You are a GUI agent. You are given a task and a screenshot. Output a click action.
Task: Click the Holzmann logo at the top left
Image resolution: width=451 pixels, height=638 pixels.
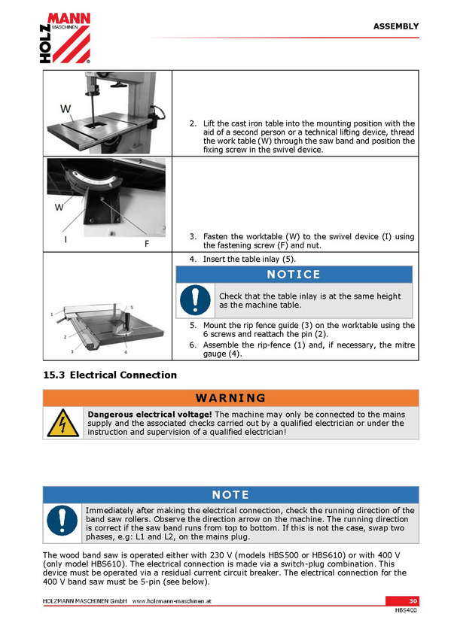click(x=65, y=38)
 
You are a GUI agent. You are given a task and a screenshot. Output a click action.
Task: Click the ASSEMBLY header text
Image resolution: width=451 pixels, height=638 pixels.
click(x=395, y=26)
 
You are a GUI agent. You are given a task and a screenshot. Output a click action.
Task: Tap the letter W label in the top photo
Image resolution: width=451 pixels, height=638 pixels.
click(x=66, y=108)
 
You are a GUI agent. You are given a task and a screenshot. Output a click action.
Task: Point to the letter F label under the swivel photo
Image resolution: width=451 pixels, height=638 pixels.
click(x=147, y=243)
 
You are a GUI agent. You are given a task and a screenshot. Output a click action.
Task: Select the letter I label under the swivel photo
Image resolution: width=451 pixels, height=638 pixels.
click(x=66, y=240)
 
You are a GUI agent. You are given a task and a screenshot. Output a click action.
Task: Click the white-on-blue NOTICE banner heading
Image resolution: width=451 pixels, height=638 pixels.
click(x=294, y=275)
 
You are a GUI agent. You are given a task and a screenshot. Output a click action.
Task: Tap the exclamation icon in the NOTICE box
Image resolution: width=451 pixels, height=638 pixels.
click(x=195, y=300)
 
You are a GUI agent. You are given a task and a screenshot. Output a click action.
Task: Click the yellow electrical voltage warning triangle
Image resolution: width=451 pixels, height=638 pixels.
click(x=63, y=423)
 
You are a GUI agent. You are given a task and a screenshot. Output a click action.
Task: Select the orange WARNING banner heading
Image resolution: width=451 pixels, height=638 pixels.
click(x=231, y=398)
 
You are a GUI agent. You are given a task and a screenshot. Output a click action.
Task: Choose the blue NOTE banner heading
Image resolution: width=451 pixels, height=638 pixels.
click(x=231, y=495)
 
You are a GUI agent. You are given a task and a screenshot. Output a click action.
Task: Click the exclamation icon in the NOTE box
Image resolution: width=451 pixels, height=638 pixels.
click(x=62, y=521)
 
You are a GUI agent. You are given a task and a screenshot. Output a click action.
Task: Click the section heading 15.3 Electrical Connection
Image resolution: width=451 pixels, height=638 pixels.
click(x=110, y=375)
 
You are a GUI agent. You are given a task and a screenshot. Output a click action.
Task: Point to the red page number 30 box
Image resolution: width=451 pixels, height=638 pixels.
click(x=402, y=601)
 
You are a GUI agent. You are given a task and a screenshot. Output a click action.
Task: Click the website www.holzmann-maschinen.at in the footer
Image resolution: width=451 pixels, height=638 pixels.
click(x=172, y=601)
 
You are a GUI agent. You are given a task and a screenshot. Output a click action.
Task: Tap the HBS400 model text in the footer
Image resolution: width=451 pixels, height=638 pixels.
click(x=406, y=610)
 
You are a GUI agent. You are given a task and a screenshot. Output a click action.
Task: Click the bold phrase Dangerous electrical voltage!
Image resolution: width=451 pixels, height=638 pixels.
click(x=150, y=415)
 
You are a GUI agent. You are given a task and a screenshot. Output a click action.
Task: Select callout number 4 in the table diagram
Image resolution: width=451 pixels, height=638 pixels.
click(x=126, y=352)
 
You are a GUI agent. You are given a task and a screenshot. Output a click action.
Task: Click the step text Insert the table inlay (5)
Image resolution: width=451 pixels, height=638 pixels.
click(x=249, y=259)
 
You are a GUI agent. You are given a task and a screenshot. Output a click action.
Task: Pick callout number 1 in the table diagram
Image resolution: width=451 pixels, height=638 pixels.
click(x=52, y=314)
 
